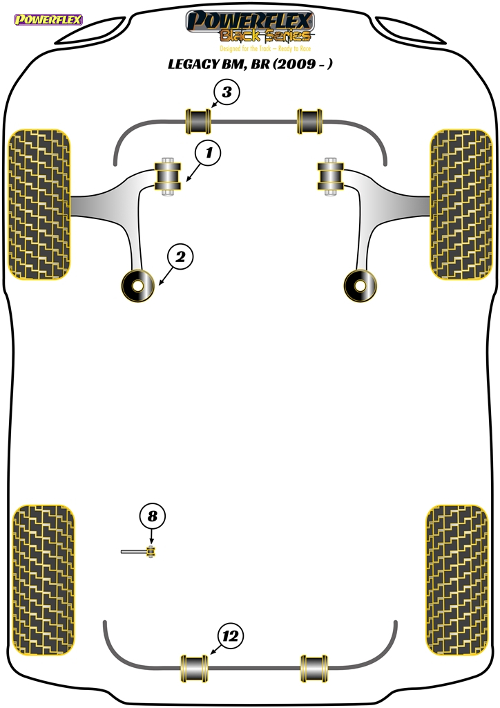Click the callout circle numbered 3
pos(227,92)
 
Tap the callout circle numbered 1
pos(209,153)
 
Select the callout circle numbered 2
pos(180,257)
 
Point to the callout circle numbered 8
pos(153,516)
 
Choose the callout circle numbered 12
pos(231,636)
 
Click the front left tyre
pos(39,204)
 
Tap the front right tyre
pos(461,204)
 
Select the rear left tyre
pos(43,580)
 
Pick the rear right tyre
pos(457,580)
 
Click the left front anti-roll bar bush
pos(198,122)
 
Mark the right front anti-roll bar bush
pos(310,122)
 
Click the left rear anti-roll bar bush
pos(195,669)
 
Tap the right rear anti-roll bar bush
pos(314,669)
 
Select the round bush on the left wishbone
pos(138,286)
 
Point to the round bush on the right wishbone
pos(360,286)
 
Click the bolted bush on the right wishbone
pos(331,176)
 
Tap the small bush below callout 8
pos(151,551)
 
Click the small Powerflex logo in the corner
pos(48,20)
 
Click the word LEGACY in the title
pos(193,64)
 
